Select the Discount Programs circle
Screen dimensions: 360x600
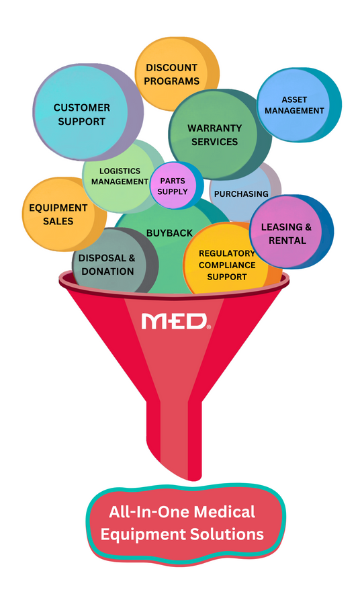point(177,74)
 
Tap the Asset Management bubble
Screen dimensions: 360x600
point(299,105)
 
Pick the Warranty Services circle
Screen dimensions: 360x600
point(220,134)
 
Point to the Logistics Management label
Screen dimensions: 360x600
point(120,177)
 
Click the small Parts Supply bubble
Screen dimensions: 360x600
point(177,185)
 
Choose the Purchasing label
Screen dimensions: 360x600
point(241,194)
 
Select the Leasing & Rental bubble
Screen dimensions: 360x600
point(291,232)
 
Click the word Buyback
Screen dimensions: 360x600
point(169,233)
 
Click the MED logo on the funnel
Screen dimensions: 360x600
point(176,321)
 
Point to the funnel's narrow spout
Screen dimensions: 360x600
point(174,440)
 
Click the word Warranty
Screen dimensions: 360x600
point(215,128)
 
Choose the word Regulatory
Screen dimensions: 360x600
point(227,253)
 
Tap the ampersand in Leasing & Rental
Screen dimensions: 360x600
point(308,227)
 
